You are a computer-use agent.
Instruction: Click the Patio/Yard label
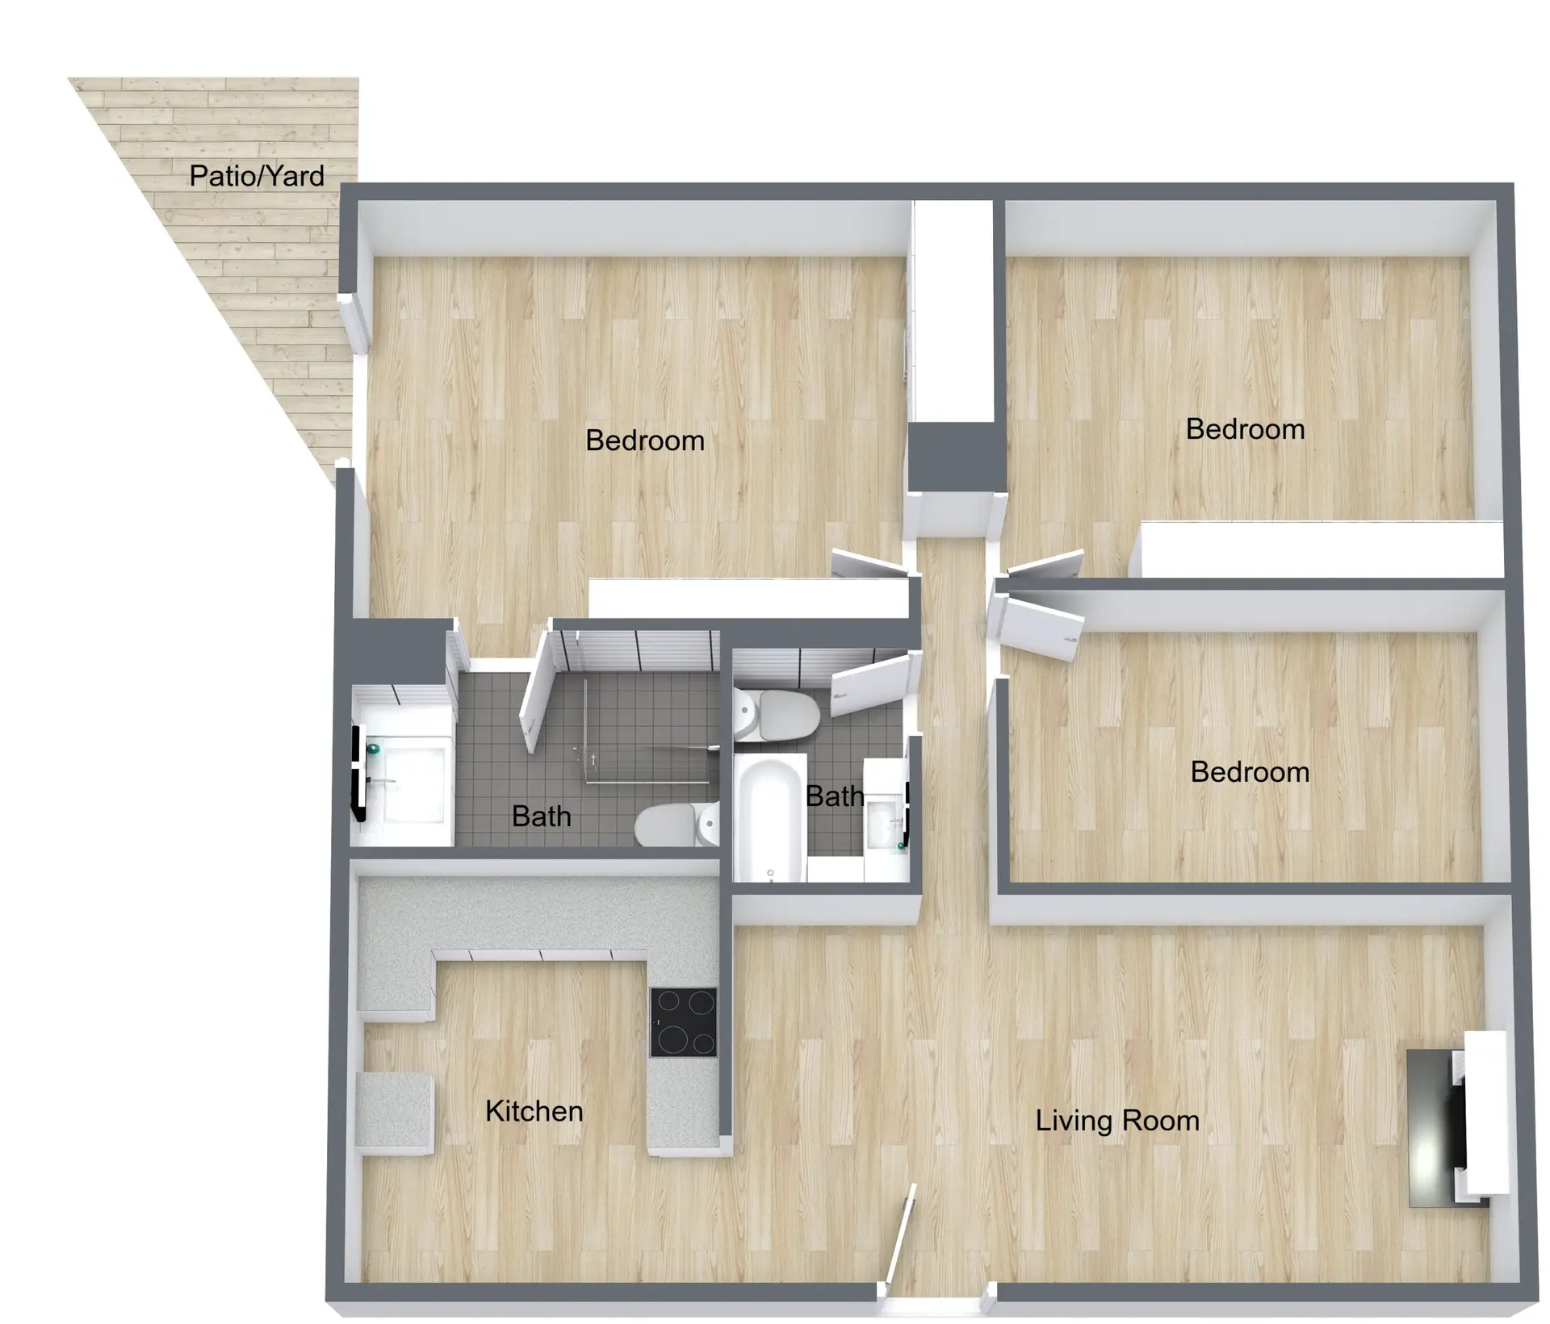coord(257,176)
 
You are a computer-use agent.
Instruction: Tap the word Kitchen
coord(534,1112)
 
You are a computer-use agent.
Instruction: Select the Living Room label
coord(1117,1121)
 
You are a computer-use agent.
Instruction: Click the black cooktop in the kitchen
coord(684,1023)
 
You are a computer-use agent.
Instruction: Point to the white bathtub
coord(770,818)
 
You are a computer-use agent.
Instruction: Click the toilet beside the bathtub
coord(777,715)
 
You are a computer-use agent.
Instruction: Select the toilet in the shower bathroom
coord(677,825)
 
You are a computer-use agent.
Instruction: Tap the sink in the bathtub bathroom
coord(885,820)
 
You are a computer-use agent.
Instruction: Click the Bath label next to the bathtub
coord(835,796)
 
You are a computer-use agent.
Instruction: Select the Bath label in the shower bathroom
coord(541,817)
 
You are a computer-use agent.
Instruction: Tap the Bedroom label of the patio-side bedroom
coord(645,441)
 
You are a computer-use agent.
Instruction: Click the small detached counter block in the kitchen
coord(395,1113)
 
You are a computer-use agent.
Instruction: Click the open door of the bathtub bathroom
coord(872,686)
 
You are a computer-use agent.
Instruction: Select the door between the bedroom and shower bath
coord(536,691)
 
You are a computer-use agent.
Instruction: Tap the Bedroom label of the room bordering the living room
coord(1250,772)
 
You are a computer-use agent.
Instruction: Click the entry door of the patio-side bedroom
coord(870,564)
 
